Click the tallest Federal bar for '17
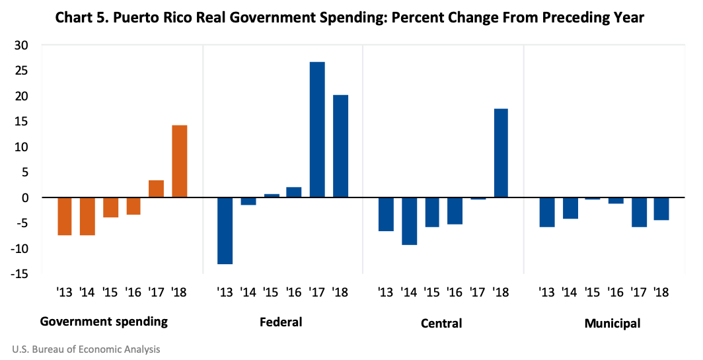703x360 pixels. pos(317,129)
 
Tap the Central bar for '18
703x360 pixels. pos(501,153)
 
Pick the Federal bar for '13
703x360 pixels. pos(225,231)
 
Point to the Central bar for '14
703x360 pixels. pos(410,221)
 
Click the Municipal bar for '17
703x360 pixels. pos(639,212)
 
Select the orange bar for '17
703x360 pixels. pos(156,189)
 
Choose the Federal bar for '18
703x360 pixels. pos(340,146)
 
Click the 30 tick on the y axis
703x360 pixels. pos(28,46)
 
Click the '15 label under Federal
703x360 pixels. pos(271,291)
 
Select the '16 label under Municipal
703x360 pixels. pos(616,291)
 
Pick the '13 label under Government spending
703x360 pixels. pos(65,291)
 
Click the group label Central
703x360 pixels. pos(441,323)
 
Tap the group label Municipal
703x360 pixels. pos(612,323)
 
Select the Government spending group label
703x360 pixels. pos(104,322)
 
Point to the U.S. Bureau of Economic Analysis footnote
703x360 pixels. pos(86,349)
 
